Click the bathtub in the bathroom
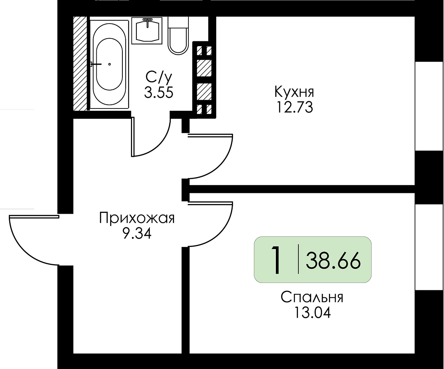coord(109,64)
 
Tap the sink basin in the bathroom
coord(147,31)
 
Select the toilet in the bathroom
coord(178,35)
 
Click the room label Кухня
coord(294,92)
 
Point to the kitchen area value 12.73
coord(295,107)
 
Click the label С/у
coord(159,77)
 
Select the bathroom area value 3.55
coord(159,93)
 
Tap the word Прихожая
coord(137,218)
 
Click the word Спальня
coord(312,297)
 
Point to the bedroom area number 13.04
coord(313,313)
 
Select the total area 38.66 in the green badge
coord(333,261)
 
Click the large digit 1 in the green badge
coord(277,260)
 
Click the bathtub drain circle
coord(110,64)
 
